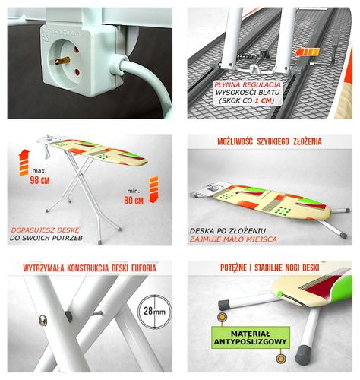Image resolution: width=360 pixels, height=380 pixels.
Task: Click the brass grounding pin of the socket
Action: click(x=62, y=61)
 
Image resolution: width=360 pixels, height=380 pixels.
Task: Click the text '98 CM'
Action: click(x=39, y=180)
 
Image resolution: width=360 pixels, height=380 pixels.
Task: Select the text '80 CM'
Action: click(x=134, y=201)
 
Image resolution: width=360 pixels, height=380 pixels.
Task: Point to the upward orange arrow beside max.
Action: click(x=24, y=163)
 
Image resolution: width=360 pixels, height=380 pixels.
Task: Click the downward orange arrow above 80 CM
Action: click(x=153, y=190)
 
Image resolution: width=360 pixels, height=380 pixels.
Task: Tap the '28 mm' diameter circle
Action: click(x=154, y=312)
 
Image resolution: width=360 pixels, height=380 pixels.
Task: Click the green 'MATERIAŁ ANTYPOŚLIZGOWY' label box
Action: click(x=251, y=337)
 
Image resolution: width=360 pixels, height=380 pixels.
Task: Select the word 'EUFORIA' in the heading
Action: click(x=144, y=268)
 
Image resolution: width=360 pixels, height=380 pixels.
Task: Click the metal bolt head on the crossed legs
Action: click(x=43, y=321)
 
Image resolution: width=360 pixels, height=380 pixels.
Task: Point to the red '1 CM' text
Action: click(x=263, y=100)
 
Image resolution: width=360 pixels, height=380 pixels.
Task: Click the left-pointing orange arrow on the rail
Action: click(x=308, y=52)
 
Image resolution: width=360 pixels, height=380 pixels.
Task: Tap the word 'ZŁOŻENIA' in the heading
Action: click(x=308, y=141)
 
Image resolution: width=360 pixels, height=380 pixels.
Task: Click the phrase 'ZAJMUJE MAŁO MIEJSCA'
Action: click(x=233, y=239)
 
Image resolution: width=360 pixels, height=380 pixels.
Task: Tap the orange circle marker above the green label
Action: click(x=222, y=317)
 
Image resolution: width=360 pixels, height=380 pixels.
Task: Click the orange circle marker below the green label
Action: click(x=280, y=359)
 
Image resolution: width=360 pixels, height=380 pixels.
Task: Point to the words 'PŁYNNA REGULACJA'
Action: click(x=248, y=84)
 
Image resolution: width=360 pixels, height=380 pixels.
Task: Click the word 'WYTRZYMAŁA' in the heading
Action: click(x=43, y=268)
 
